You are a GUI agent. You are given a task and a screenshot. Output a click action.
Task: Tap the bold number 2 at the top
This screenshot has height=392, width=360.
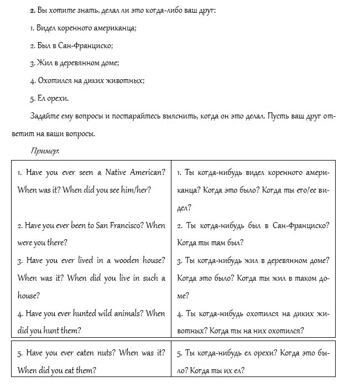coord(32,11)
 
